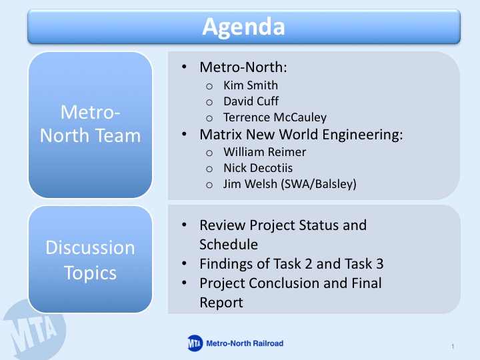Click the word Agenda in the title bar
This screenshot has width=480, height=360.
click(244, 27)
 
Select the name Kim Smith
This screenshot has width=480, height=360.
click(251, 85)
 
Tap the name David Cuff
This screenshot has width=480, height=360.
click(251, 101)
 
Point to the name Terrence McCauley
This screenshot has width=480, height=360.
click(275, 117)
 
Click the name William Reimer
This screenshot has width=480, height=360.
click(265, 152)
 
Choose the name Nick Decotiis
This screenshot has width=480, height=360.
click(258, 168)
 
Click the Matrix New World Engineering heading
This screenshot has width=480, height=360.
click(301, 135)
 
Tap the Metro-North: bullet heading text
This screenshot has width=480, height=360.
click(243, 67)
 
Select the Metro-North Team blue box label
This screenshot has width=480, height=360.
click(90, 124)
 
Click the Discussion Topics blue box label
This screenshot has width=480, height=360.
click(90, 260)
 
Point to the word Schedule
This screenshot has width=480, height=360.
click(229, 245)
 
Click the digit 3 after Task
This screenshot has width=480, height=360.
click(379, 264)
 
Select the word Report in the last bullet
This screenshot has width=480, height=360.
click(221, 303)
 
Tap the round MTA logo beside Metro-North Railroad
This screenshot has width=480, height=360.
click(195, 343)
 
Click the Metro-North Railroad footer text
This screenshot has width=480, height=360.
click(245, 343)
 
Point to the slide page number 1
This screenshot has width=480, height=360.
click(453, 347)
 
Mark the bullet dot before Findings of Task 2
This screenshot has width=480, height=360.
click(184, 263)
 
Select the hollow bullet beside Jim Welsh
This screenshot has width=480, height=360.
click(209, 185)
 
